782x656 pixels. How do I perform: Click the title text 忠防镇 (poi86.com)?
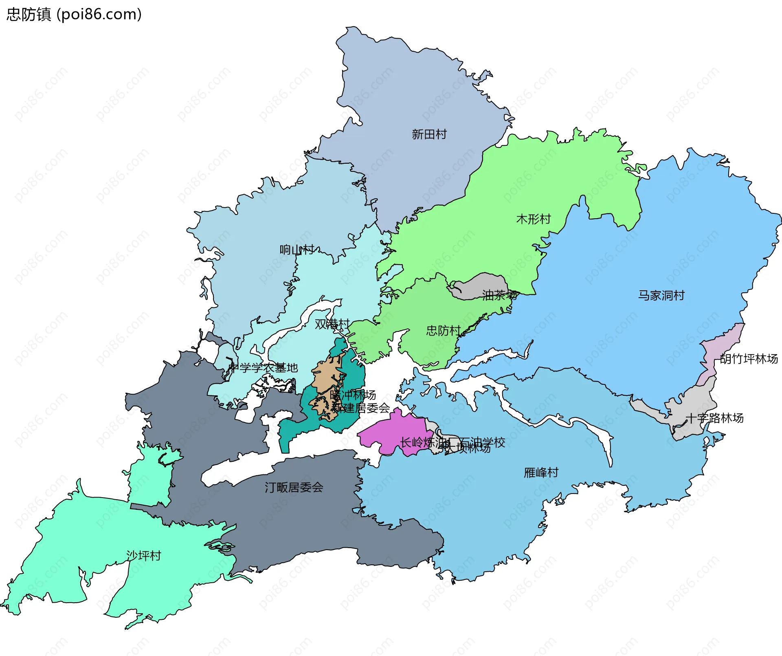[74, 14]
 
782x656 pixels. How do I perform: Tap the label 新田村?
[429, 134]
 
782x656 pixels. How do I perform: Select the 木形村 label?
[533, 219]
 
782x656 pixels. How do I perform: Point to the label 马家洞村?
[661, 295]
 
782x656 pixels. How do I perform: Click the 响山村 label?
[297, 249]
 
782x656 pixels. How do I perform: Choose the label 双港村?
[332, 324]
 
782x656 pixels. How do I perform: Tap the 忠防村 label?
[443, 330]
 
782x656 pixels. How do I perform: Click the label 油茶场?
[499, 295]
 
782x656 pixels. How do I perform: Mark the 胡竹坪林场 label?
[749, 359]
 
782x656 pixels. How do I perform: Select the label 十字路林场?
[714, 418]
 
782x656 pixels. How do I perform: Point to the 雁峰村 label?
[541, 472]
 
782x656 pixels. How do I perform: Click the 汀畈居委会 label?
[294, 487]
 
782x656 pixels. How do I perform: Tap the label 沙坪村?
[143, 555]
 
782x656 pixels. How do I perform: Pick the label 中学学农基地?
[263, 368]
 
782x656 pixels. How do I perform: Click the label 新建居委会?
[360, 408]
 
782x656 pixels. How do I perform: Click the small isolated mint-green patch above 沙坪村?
[151, 476]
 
